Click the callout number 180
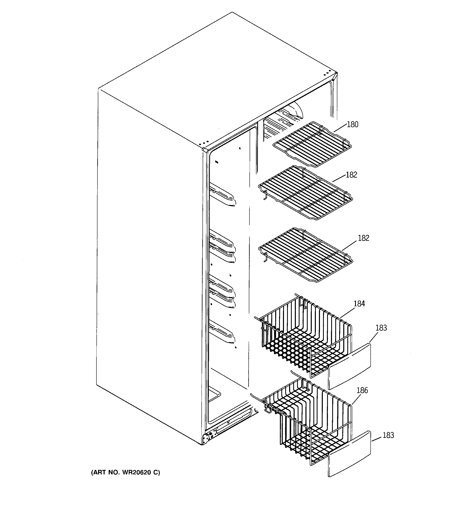pos(352,124)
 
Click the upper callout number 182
pos(351,175)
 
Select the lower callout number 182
pos(363,238)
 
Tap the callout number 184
pos(359,304)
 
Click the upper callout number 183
pos(381,328)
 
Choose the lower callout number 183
pos(388,435)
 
